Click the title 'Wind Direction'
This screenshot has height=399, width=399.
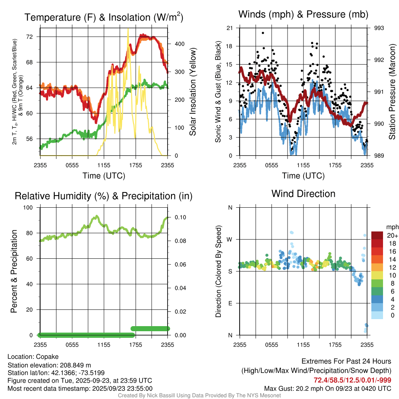(x=303, y=194)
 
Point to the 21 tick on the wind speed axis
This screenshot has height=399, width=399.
(x=230, y=28)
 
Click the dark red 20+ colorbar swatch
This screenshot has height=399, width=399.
(x=377, y=235)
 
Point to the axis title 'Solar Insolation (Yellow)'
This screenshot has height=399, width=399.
(x=192, y=92)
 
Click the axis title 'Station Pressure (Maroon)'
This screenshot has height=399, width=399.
(x=392, y=92)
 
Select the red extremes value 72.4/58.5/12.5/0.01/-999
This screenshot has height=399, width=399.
(x=352, y=380)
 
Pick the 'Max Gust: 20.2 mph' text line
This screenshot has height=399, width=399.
(x=328, y=388)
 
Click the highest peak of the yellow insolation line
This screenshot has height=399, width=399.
(x=128, y=29)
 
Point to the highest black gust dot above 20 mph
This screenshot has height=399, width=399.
(x=263, y=33)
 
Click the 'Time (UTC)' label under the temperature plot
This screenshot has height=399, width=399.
(x=104, y=176)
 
